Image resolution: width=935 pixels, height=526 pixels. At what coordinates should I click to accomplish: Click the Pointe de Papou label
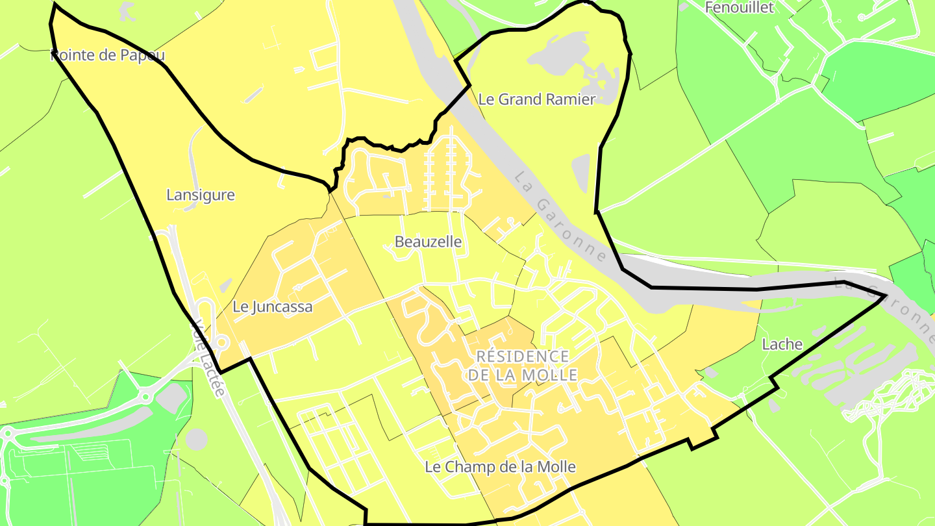tap(108, 55)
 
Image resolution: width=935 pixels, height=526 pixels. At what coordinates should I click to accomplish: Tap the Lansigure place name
tap(201, 195)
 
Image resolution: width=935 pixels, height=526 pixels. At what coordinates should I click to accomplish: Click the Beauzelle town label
tap(428, 242)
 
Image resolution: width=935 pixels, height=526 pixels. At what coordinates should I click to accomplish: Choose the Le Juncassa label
tap(273, 307)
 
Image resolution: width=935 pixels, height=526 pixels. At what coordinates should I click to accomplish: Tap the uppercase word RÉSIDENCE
tap(523, 357)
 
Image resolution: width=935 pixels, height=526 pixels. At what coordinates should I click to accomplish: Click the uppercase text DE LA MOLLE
tap(523, 375)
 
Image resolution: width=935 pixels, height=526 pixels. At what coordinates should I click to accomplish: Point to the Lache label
tap(782, 344)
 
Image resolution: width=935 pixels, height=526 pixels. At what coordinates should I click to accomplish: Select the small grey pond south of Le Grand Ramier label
tap(580, 172)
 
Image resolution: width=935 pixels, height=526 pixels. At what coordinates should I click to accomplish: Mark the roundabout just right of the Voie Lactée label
tap(221, 340)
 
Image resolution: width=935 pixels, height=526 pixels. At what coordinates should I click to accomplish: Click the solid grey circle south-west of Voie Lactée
tap(196, 440)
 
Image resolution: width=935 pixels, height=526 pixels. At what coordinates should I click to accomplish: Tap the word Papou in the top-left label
tap(143, 55)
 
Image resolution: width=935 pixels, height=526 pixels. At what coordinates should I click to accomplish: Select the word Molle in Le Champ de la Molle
tap(557, 466)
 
